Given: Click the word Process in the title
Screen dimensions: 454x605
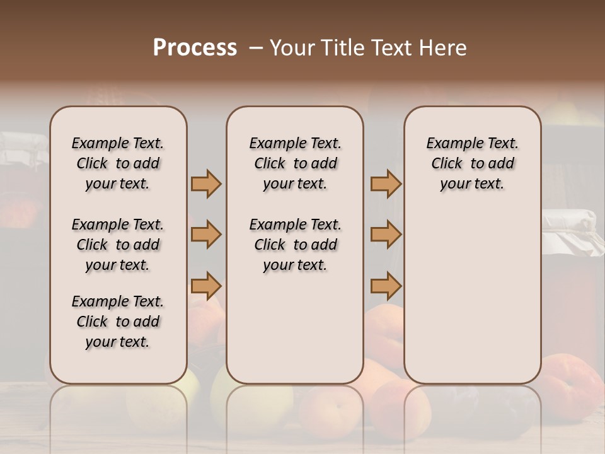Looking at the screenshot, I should [195, 48].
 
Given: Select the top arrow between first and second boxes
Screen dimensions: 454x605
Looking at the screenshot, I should [206, 183].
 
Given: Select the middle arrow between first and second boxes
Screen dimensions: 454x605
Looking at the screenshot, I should [206, 235].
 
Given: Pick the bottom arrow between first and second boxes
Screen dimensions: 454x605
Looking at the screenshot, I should [206, 286].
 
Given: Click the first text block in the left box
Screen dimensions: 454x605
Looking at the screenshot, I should [118, 163].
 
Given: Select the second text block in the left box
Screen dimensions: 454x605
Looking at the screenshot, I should [118, 245].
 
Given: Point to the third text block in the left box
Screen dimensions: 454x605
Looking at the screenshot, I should [118, 322].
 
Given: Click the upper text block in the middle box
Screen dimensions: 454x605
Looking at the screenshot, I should [295, 163].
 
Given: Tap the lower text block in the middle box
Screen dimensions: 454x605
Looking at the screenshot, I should [295, 245].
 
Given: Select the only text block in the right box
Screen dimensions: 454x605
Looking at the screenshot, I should [472, 163].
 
